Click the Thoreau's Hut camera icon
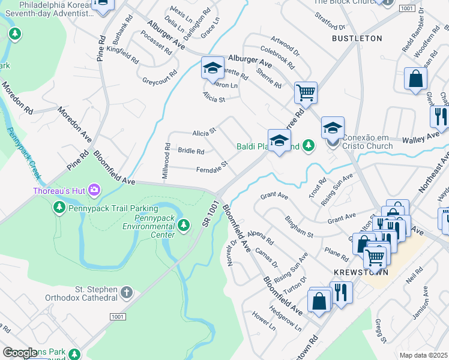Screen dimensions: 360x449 (x=94, y=191)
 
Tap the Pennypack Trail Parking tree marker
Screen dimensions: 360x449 (x=59, y=208)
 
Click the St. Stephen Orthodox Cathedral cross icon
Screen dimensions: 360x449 (x=126, y=292)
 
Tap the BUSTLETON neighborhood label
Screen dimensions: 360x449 (x=357, y=38)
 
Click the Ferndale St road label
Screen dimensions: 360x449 (x=212, y=167)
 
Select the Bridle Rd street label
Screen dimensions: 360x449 (x=191, y=151)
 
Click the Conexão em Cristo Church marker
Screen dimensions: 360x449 (x=333, y=143)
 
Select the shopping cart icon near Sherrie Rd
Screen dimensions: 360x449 (x=306, y=93)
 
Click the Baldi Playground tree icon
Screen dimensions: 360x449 (x=308, y=145)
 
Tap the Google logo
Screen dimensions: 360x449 (x=20, y=353)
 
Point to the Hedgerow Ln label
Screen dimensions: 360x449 (x=286, y=319)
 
